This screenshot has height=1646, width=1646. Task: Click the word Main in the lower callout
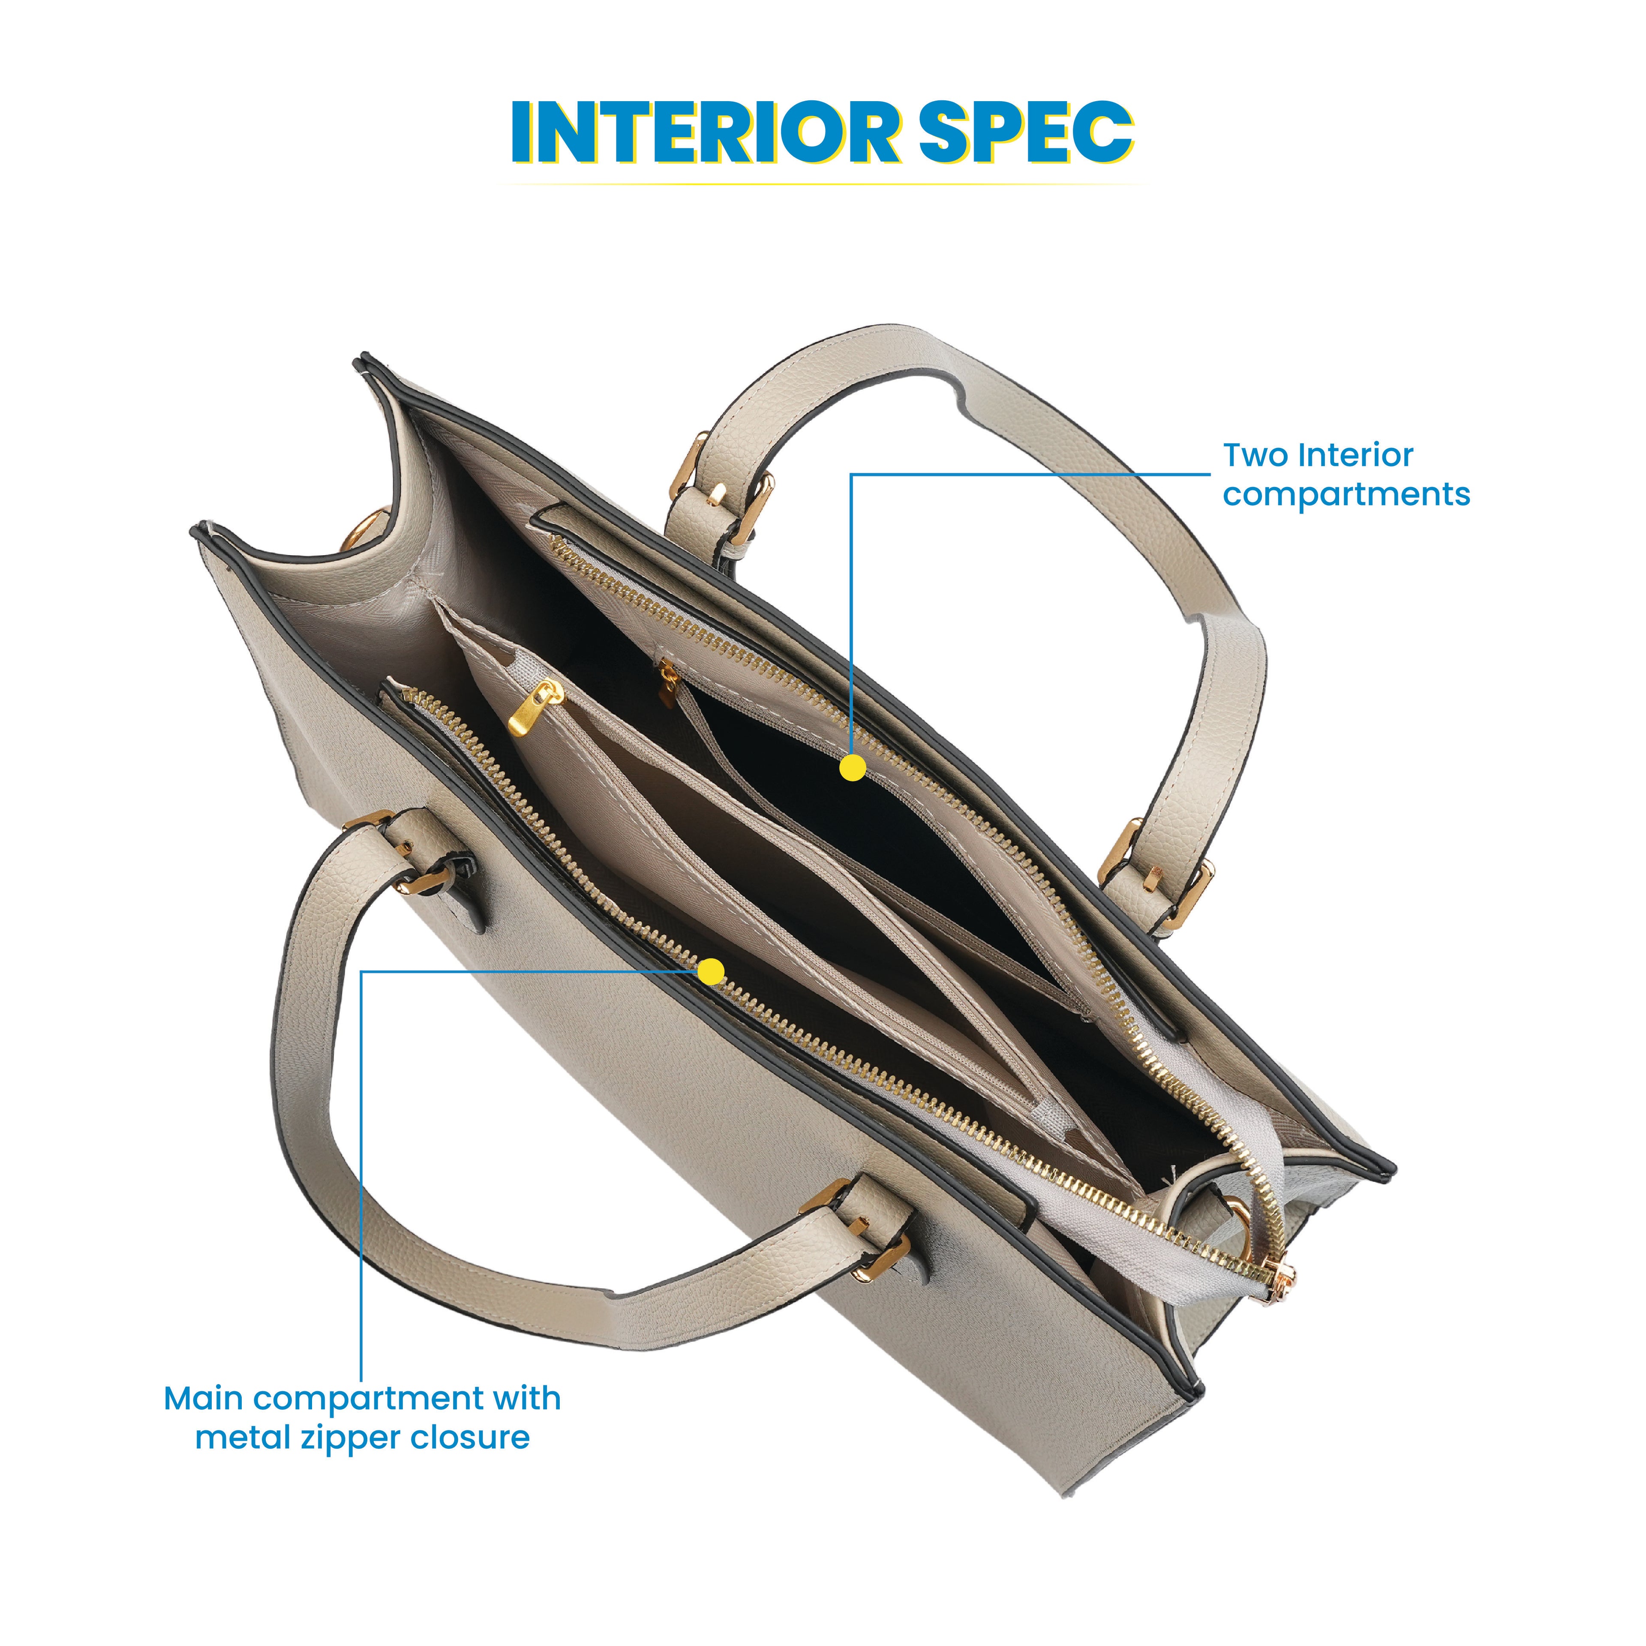point(204,1399)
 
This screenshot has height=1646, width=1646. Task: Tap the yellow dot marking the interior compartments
point(852,768)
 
